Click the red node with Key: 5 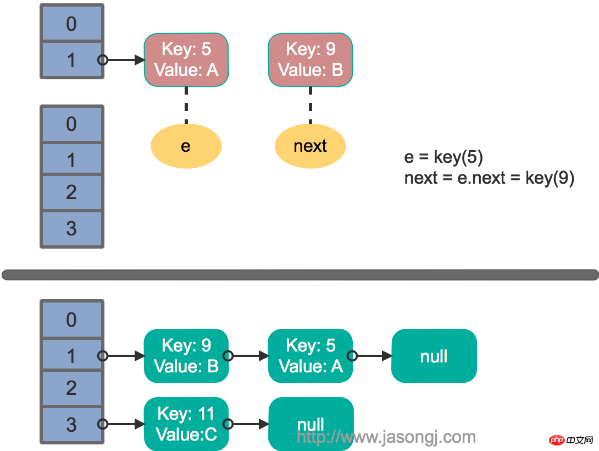point(186,59)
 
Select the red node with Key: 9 point(310,59)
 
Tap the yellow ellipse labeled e point(186,146)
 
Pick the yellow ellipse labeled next point(310,146)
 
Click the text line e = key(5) point(443,157)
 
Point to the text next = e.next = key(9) point(489,178)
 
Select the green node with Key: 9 point(186,356)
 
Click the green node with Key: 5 point(310,356)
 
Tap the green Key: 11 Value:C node point(186,424)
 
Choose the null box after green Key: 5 point(434,356)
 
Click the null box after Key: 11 point(310,424)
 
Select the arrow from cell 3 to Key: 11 point(124,424)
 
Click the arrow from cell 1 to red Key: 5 point(124,60)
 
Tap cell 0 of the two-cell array point(71,24)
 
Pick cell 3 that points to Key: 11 point(71,424)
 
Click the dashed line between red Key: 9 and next point(310,105)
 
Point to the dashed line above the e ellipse point(186,105)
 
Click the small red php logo point(557,439)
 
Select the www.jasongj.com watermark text point(386,437)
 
